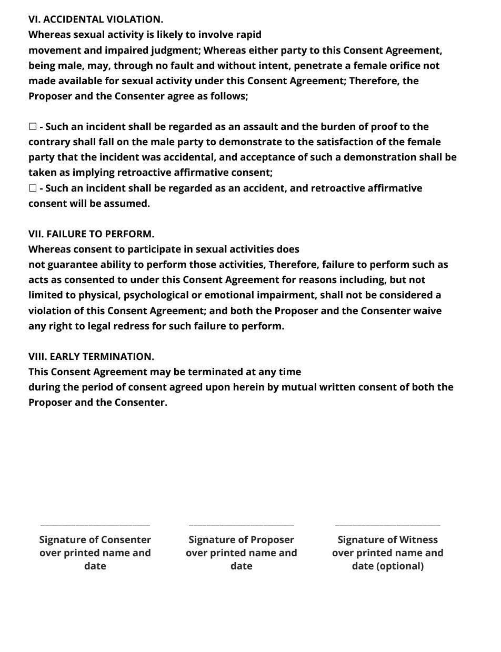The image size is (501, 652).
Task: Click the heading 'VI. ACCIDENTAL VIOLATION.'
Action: (x=96, y=19)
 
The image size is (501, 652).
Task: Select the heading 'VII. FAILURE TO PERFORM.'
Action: (x=91, y=234)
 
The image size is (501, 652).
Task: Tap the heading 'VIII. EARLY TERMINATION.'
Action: (x=91, y=357)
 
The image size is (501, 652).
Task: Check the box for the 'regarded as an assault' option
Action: (x=33, y=127)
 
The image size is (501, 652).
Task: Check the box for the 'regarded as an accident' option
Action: (x=33, y=188)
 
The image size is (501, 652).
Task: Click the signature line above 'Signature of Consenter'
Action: (x=95, y=524)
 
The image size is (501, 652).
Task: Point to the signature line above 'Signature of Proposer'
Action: (x=242, y=524)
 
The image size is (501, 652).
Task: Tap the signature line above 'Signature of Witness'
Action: (x=388, y=524)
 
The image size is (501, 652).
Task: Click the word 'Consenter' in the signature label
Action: (x=126, y=540)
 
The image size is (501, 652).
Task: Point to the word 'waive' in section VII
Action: (x=428, y=311)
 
